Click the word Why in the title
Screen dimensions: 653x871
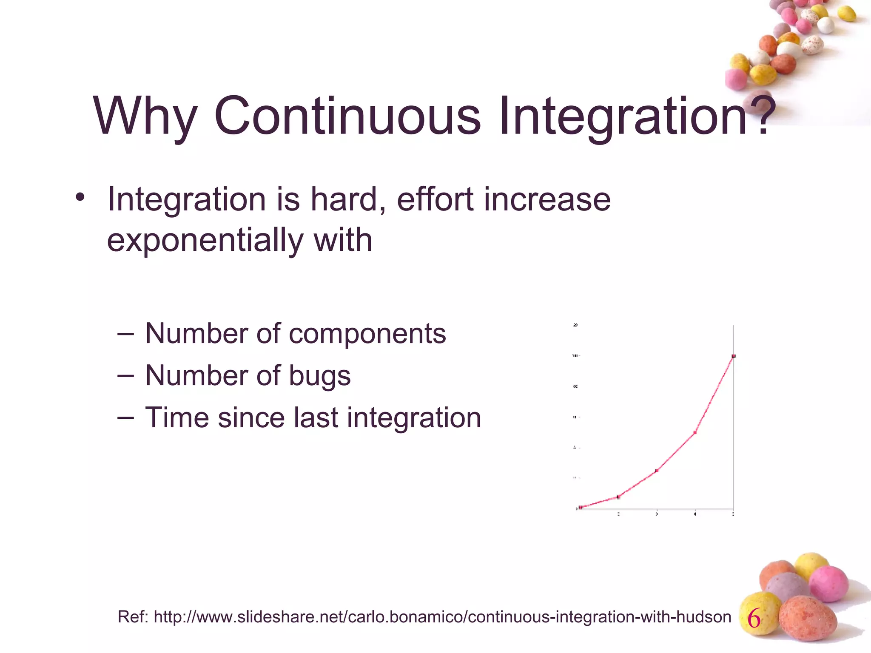tap(145, 116)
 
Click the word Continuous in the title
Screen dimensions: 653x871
tap(347, 116)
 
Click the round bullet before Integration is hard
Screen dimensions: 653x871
tap(80, 198)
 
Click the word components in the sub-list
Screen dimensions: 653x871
tap(367, 333)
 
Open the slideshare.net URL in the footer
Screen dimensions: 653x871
tap(442, 617)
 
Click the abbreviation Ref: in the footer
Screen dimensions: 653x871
tap(133, 617)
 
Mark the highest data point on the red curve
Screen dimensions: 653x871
tap(734, 356)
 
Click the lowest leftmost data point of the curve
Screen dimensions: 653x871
tap(581, 507)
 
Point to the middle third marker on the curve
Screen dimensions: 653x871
tap(657, 471)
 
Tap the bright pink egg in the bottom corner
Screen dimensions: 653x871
tap(828, 583)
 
